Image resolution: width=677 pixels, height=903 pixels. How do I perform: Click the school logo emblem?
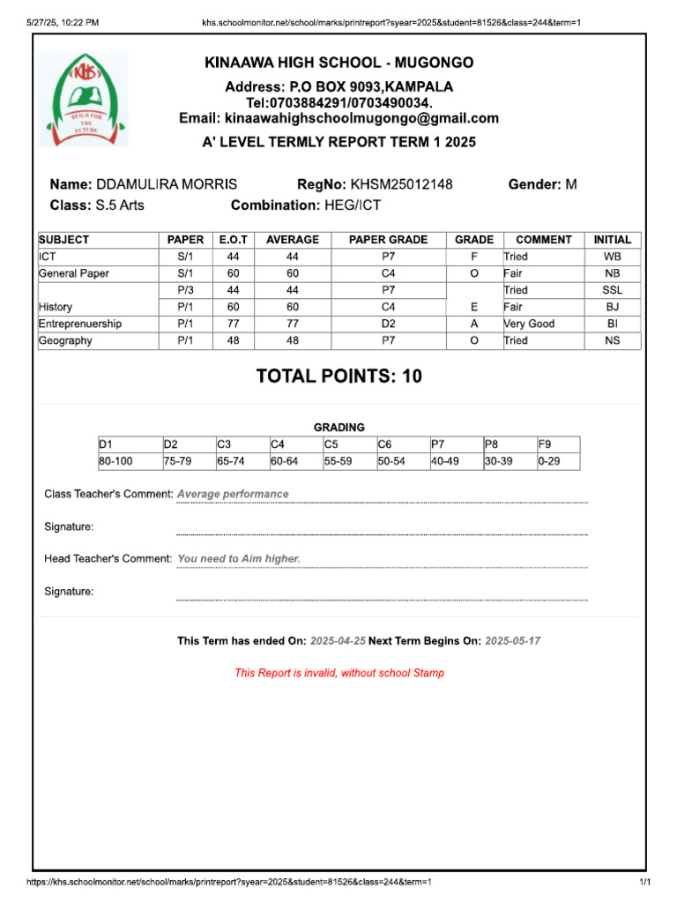[x=84, y=99]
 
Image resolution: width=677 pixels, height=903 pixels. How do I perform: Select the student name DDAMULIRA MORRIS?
[x=166, y=185]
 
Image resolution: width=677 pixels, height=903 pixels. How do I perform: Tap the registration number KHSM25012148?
[x=402, y=185]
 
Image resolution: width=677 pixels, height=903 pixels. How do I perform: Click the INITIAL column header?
[x=612, y=240]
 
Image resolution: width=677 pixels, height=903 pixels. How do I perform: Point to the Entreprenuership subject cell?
[x=80, y=324]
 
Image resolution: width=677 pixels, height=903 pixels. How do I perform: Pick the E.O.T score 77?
[x=234, y=324]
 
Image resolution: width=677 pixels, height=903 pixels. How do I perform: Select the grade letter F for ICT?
[x=474, y=257]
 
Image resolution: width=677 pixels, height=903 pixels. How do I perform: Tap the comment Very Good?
[x=529, y=324]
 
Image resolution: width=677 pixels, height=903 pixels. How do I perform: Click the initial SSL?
[x=612, y=290]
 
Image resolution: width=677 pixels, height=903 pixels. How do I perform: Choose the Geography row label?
[x=65, y=340]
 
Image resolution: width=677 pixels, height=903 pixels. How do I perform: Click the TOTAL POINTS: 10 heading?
[x=338, y=377]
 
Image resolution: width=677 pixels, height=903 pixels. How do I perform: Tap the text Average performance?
[x=233, y=494]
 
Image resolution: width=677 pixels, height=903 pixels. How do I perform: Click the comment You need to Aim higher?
[x=239, y=558]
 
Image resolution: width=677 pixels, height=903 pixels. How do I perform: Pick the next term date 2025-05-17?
[x=512, y=641]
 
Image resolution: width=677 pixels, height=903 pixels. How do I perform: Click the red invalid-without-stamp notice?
[x=339, y=673]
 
